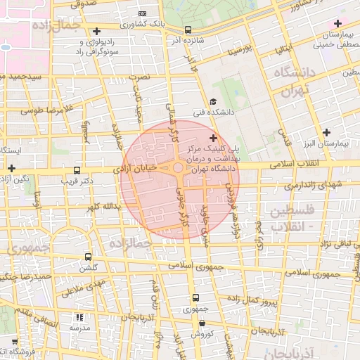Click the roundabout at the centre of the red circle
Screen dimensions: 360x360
point(179,168)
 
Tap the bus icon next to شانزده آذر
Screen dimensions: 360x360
point(188,30)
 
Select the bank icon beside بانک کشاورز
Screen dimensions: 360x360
point(143,14)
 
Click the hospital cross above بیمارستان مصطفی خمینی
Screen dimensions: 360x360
point(337,24)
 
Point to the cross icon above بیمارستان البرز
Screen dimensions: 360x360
point(326,132)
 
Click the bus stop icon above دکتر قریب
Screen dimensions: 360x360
point(77,169)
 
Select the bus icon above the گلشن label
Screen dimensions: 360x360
point(88,257)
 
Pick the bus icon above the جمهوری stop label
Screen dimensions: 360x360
point(195,297)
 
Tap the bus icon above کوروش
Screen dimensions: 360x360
point(202,323)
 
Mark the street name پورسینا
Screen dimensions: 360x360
point(236,51)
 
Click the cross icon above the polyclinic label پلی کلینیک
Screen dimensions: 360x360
point(213,137)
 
